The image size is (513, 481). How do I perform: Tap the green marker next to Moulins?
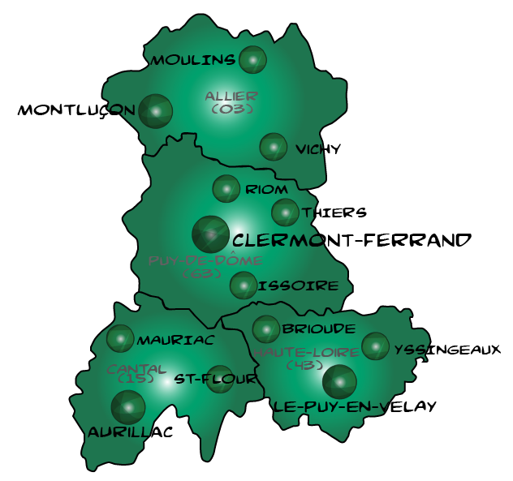click(x=252, y=59)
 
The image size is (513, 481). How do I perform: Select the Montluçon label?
click(x=76, y=110)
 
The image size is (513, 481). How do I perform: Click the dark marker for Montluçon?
click(x=155, y=111)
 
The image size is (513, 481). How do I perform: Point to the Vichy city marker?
click(x=274, y=147)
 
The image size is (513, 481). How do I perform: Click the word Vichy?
click(x=318, y=149)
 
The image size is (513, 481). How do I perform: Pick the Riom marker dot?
click(x=226, y=189)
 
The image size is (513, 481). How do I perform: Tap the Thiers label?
click(x=334, y=213)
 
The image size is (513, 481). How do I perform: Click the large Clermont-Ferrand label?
click(x=351, y=240)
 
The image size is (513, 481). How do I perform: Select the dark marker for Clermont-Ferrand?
click(x=211, y=234)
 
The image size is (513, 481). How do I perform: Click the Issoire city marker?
click(x=244, y=286)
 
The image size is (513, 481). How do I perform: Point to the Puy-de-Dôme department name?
click(x=206, y=261)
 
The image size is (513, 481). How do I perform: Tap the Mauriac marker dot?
click(x=121, y=338)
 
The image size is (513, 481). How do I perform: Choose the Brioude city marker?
click(x=266, y=329)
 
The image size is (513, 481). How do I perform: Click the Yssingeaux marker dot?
click(x=375, y=346)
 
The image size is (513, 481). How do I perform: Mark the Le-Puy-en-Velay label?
click(x=355, y=406)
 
